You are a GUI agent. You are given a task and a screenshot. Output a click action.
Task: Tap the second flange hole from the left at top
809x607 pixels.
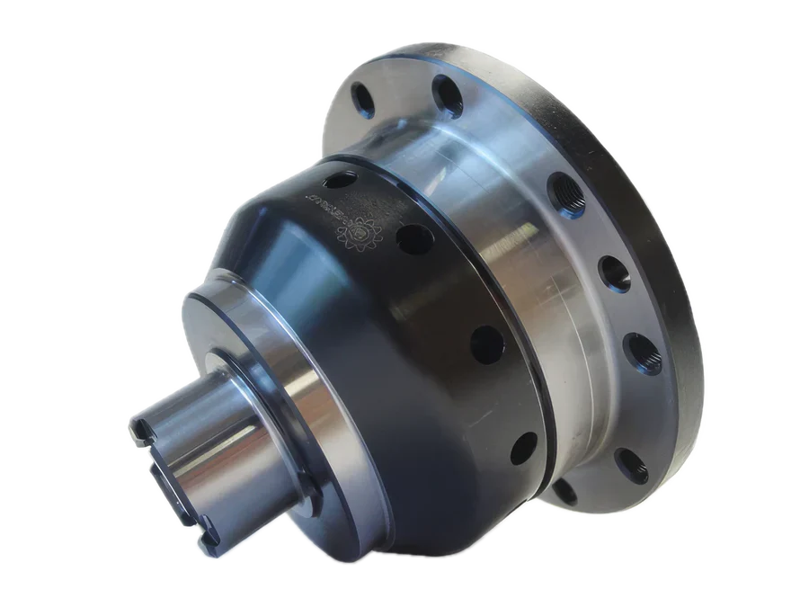point(443,91)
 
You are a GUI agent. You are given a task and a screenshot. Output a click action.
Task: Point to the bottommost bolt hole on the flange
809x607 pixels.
point(564,491)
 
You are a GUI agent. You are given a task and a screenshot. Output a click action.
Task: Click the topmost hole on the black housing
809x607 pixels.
point(334,181)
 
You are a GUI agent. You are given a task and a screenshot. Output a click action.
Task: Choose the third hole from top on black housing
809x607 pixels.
point(486,344)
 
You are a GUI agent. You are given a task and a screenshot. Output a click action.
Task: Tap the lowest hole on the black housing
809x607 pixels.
point(523,447)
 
